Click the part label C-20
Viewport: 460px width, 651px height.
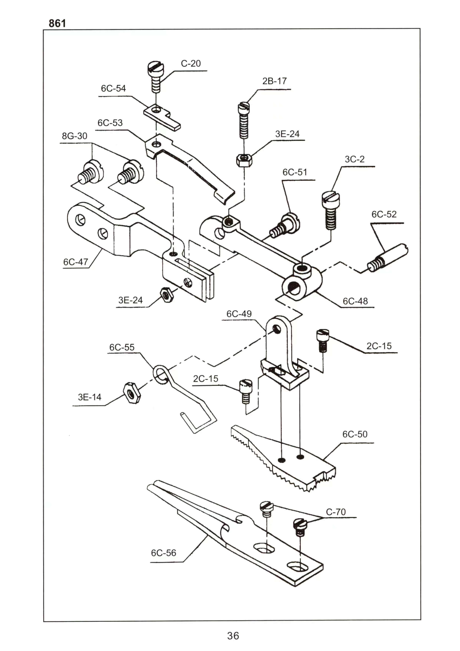191,63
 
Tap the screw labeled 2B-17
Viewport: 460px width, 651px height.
244,120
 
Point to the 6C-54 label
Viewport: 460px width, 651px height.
113,89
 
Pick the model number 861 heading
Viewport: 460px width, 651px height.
57,23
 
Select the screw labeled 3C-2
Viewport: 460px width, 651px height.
331,210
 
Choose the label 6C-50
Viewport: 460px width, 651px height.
355,434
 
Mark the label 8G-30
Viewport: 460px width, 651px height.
75,136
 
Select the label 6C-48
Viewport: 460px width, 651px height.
355,301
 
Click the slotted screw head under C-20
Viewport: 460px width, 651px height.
156,68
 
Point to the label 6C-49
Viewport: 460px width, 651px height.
239,314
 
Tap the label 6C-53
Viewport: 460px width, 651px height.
110,123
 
